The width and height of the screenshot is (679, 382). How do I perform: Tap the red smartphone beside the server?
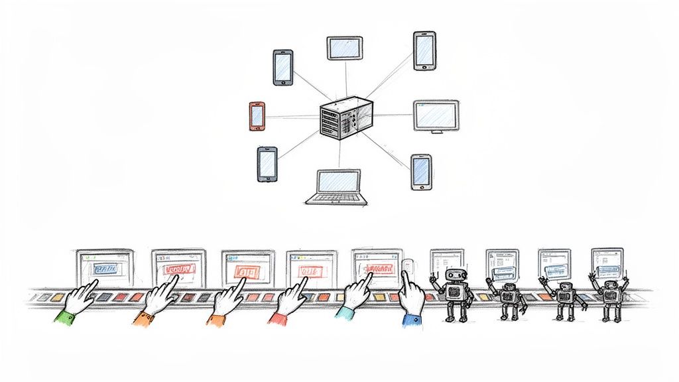point(257,116)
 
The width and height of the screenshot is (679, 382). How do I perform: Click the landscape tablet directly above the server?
point(345,48)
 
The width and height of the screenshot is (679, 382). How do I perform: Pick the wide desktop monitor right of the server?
point(436,115)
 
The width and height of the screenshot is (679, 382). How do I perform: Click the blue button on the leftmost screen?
point(105,269)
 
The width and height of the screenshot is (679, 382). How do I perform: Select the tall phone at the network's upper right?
point(424,50)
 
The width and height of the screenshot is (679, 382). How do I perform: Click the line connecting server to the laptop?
point(339,154)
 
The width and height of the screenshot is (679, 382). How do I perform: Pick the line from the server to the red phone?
point(292,117)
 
